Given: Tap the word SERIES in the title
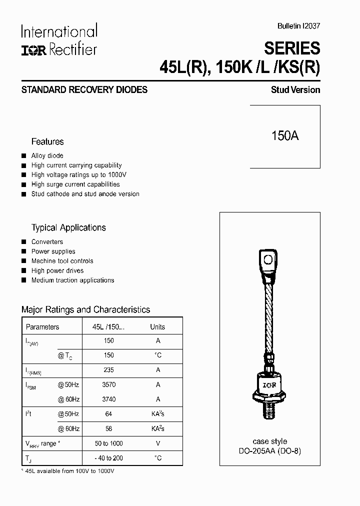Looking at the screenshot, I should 292,48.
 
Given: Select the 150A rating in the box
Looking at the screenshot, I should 285,135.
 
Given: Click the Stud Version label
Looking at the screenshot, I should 295,90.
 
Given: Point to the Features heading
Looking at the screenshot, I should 47,141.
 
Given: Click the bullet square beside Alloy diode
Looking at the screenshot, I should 23,156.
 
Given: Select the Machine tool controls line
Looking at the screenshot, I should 62,261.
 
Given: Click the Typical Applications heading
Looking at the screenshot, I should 68,227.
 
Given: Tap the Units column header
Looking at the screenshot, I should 157,327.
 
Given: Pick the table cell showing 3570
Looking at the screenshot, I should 109,385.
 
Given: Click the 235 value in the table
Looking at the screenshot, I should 109,370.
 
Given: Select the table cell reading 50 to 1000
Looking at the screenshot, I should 109,443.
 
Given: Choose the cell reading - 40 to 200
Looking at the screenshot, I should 109,458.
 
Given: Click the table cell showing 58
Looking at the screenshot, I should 109,428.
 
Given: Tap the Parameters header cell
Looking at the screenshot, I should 42,327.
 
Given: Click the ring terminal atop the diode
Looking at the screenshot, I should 268,259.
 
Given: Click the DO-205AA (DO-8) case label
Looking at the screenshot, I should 270,450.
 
